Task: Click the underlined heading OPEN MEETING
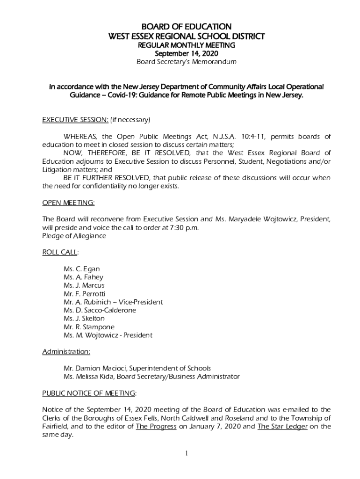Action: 68,203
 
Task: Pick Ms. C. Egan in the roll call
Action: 81,269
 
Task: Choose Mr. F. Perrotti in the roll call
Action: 84,294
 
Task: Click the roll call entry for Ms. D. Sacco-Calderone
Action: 100,310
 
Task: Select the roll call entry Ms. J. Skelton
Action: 84,319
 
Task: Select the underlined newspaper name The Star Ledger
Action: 282,426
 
